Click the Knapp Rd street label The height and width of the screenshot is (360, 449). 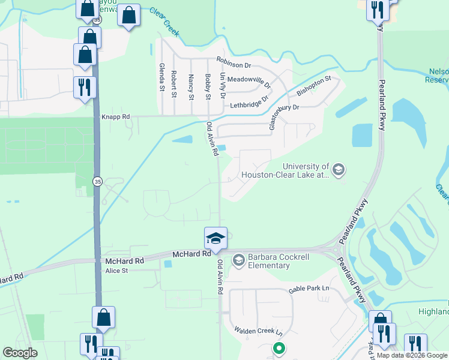pos(116,118)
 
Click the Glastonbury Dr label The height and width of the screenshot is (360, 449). pos(280,114)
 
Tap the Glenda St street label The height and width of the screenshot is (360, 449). pos(161,77)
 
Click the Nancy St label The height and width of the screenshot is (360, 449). pos(191,87)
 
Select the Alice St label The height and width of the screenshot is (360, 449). pos(116,271)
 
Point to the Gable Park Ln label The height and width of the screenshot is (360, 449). pos(309,289)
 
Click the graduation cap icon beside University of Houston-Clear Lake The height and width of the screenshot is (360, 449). pos(338,170)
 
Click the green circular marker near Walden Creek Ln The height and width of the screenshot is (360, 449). pos(279,347)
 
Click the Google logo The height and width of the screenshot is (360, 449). pos(20,353)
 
